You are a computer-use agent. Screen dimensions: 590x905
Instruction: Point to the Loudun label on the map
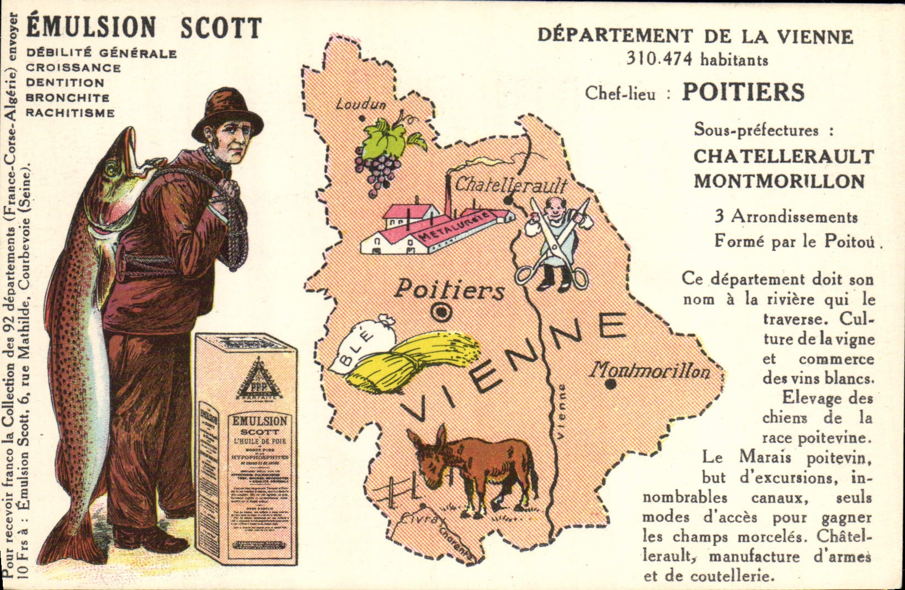361,103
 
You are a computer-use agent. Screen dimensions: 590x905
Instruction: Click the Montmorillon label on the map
650,370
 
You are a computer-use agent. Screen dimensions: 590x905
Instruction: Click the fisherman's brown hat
227,113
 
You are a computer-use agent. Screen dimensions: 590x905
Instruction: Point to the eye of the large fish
111,167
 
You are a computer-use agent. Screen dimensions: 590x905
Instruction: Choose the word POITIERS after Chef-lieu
743,92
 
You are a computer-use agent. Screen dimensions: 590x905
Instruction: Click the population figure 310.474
659,59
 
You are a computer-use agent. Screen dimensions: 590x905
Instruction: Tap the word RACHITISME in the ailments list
71,113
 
